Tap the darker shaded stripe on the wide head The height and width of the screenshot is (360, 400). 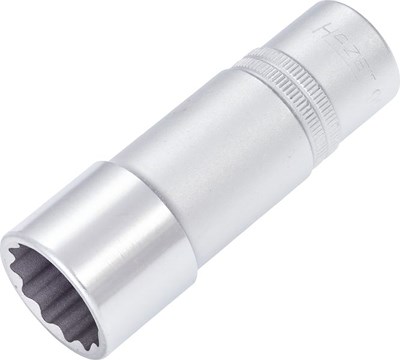click(140, 270)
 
